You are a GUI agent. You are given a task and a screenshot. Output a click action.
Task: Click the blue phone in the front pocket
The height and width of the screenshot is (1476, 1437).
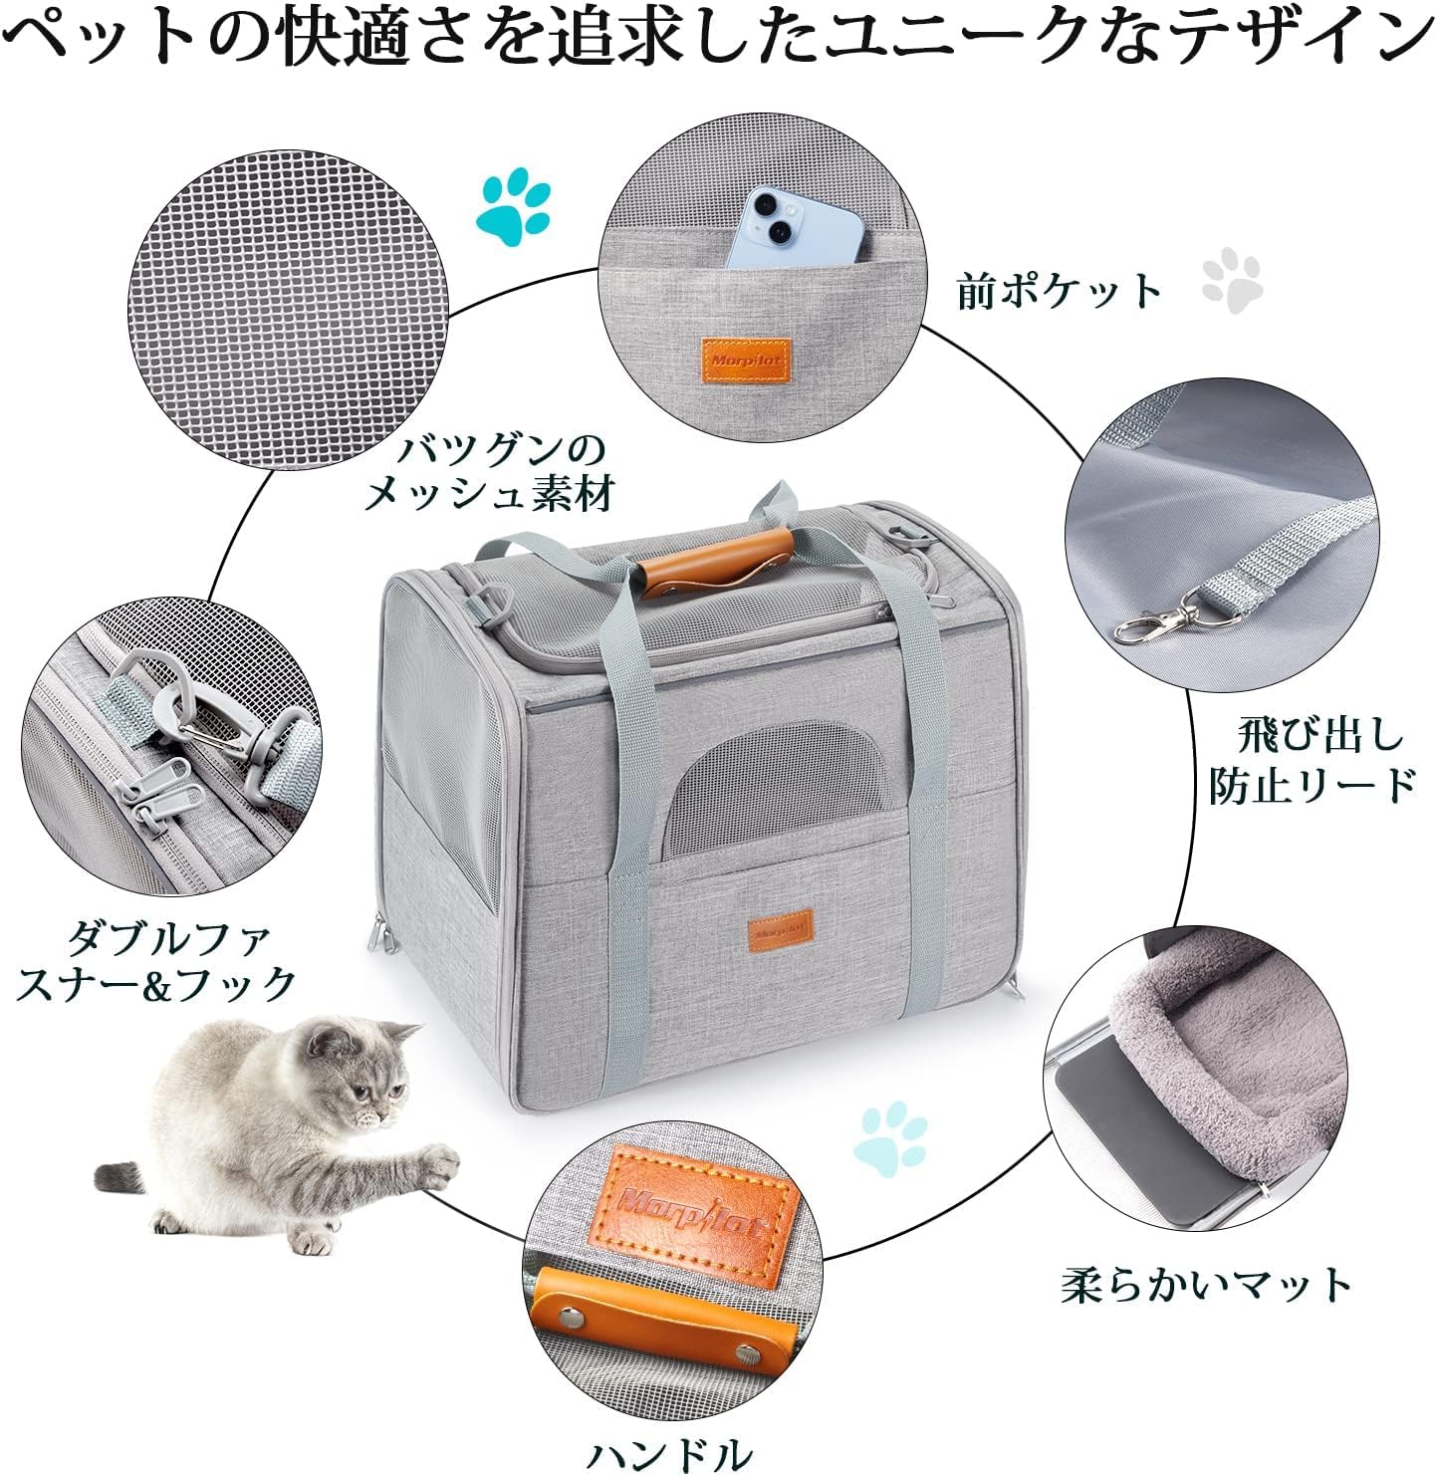click(x=793, y=230)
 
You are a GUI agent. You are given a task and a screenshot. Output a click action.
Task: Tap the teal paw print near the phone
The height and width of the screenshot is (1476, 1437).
click(x=514, y=206)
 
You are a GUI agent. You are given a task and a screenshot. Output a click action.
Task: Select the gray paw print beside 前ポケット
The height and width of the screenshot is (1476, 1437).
click(x=1232, y=279)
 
